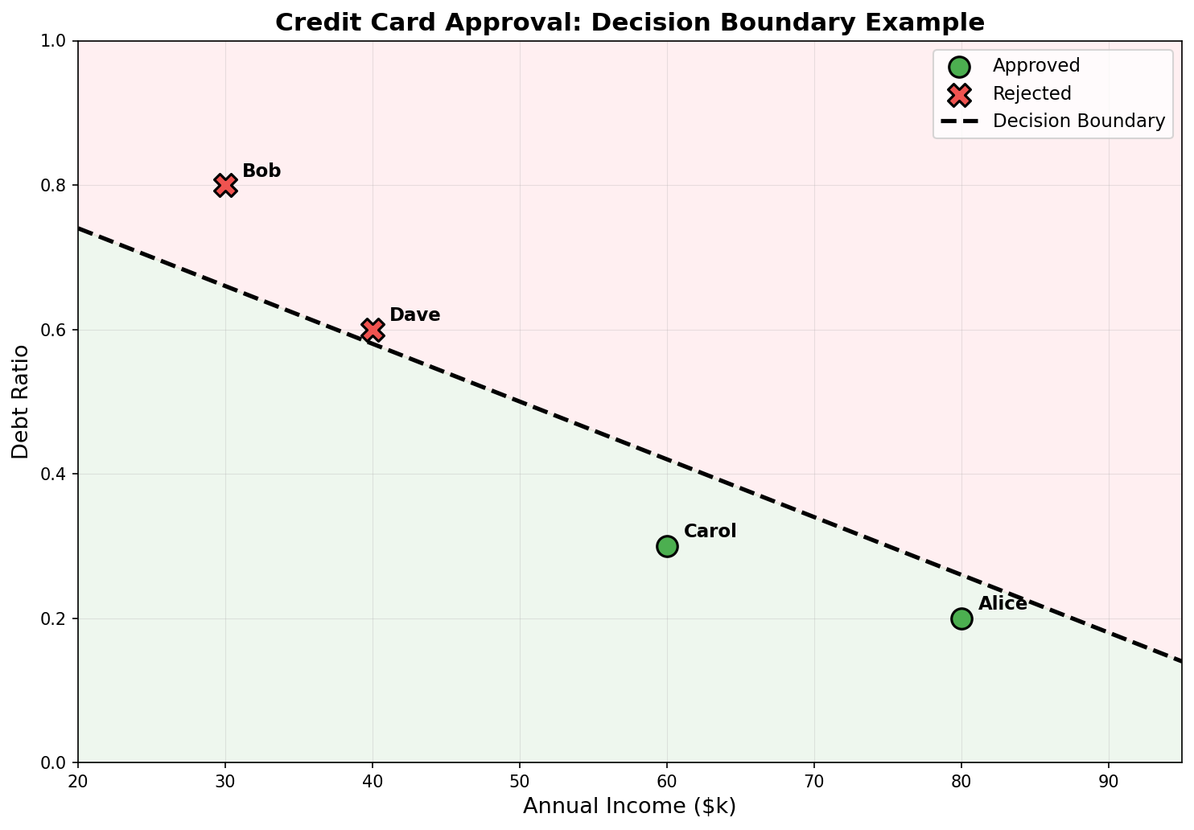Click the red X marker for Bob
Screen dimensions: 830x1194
point(225,185)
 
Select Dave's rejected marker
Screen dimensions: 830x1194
point(373,330)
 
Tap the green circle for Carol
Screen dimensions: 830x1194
point(667,546)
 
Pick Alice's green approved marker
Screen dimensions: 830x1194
point(961,618)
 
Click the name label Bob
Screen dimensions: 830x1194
point(261,171)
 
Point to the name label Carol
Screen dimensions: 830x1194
point(710,531)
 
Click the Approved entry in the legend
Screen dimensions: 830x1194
point(1035,65)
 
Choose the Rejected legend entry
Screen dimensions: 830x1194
point(1031,93)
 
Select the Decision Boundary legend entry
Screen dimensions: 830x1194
point(1078,121)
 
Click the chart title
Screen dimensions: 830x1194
point(629,22)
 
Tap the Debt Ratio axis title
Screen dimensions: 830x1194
point(21,401)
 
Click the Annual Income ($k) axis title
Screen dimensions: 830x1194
point(629,806)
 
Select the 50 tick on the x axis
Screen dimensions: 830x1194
point(520,780)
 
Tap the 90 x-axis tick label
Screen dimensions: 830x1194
point(1109,780)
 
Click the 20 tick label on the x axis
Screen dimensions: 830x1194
point(78,780)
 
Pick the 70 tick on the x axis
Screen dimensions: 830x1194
point(814,780)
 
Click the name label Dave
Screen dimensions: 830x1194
point(414,314)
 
